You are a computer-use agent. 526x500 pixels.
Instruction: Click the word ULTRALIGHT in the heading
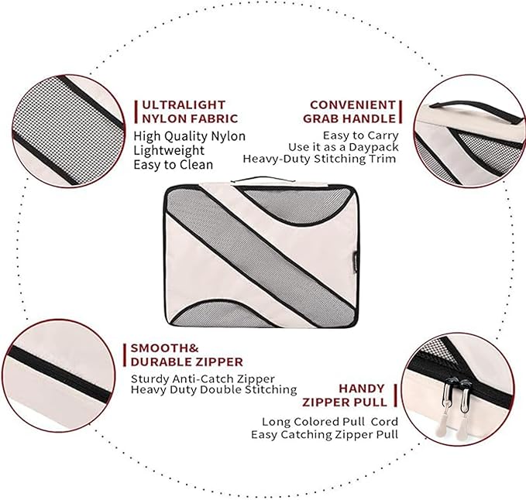[184, 105]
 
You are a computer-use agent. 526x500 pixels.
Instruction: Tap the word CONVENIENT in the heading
[353, 105]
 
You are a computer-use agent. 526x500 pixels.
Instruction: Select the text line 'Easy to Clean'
[173, 165]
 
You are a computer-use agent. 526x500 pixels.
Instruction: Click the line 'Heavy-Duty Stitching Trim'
[319, 159]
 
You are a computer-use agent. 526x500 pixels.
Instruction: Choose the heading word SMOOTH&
[164, 348]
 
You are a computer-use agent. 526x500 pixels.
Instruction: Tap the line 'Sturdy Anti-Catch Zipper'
[203, 378]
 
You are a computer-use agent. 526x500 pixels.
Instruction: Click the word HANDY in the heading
[362, 389]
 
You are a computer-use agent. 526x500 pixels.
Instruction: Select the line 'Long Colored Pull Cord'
[330, 421]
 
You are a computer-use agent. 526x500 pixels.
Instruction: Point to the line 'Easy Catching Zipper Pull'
[325, 435]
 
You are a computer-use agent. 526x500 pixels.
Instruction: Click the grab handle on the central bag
[263, 180]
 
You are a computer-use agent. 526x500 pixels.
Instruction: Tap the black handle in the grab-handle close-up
[476, 111]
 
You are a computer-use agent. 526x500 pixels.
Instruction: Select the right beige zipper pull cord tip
[460, 430]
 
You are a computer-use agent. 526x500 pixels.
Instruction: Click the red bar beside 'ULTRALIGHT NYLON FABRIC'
[136, 111]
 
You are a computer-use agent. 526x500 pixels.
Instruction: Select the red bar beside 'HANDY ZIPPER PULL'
[396, 396]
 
